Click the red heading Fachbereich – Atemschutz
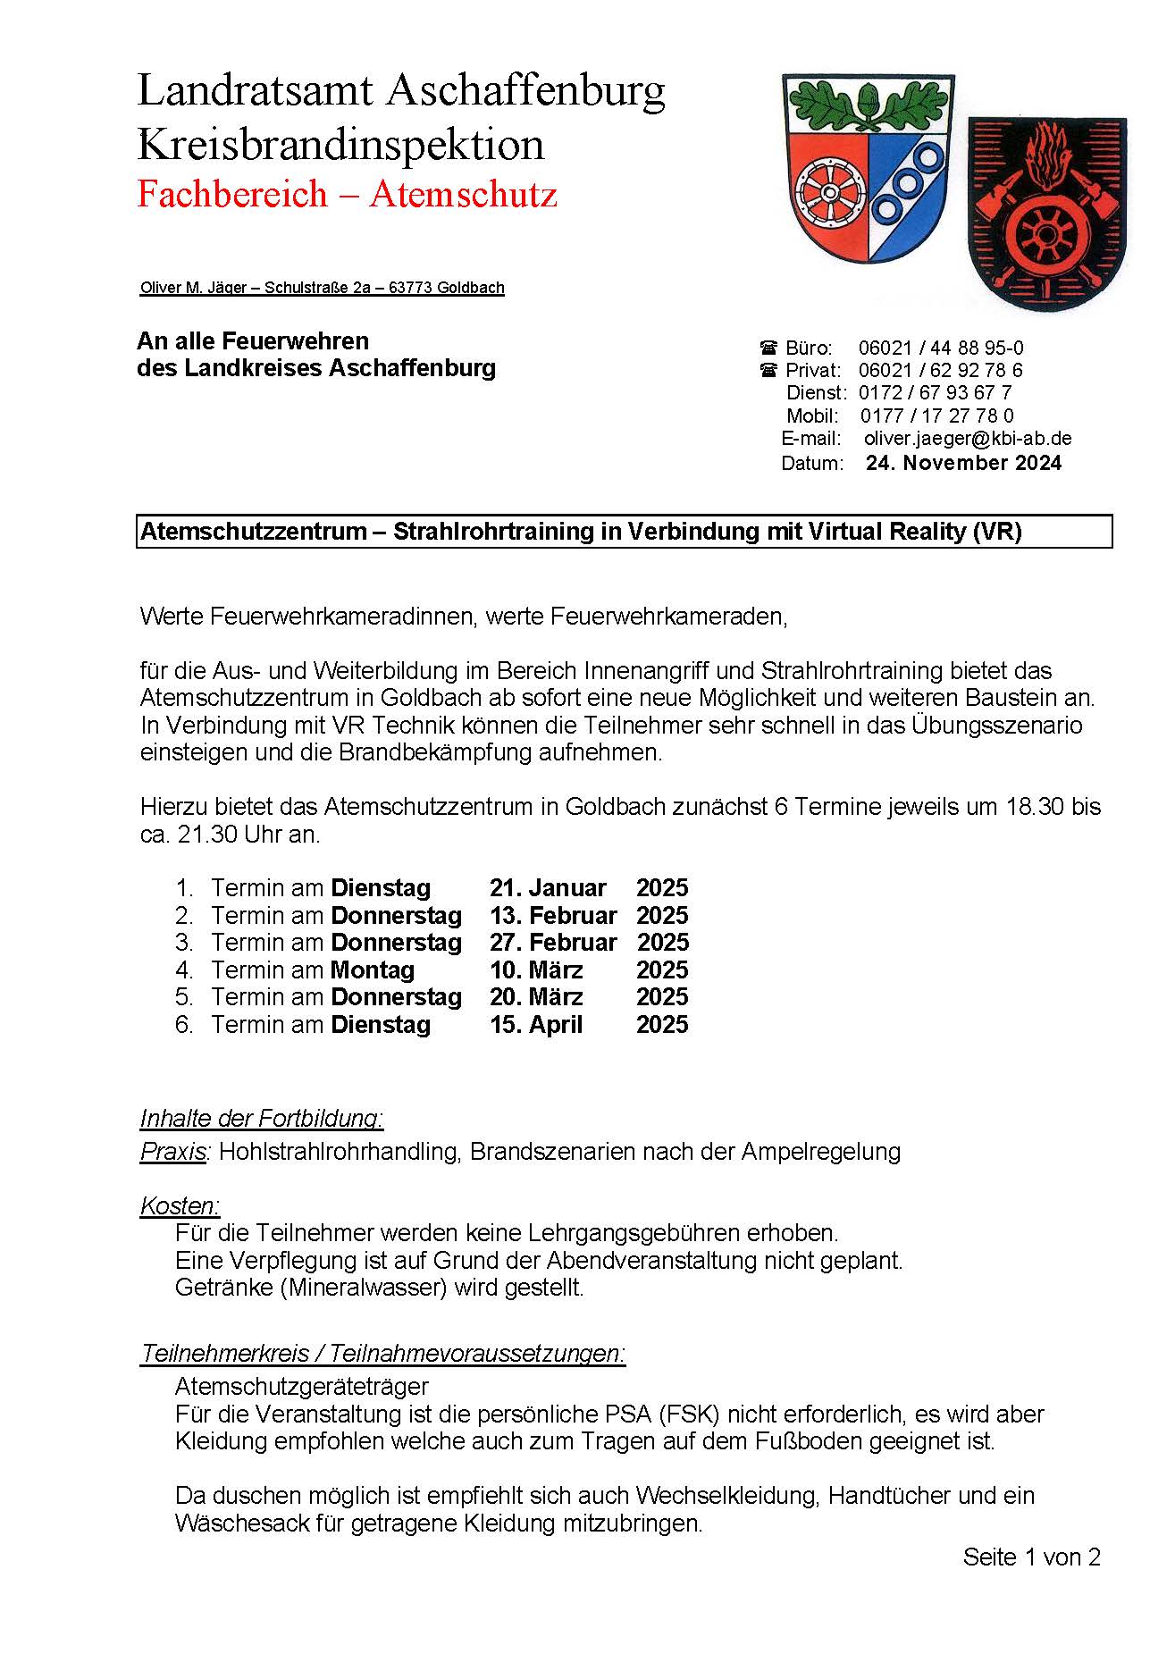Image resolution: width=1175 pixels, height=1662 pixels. tap(347, 194)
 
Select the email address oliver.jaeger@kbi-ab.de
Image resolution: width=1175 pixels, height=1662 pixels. tap(967, 439)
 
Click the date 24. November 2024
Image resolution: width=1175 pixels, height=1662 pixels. tap(963, 463)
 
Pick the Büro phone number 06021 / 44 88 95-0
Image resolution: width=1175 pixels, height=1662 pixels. tap(940, 348)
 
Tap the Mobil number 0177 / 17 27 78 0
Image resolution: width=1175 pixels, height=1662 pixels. tap(936, 415)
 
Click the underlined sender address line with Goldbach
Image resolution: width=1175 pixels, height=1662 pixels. tap(322, 288)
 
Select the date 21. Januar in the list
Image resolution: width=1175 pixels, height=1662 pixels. tap(548, 888)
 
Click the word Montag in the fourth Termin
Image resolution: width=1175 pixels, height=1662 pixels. tap(373, 969)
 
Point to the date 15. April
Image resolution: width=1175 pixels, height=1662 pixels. tap(536, 1024)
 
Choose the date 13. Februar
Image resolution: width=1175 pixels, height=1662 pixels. tap(552, 915)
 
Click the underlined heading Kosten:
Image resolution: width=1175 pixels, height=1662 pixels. tap(180, 1205)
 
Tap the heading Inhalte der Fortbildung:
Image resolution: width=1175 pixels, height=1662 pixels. tap(262, 1118)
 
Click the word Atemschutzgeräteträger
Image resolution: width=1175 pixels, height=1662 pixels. tap(302, 1386)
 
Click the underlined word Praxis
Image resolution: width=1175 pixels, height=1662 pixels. tap(172, 1152)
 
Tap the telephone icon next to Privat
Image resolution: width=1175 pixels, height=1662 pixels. tap(768, 370)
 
